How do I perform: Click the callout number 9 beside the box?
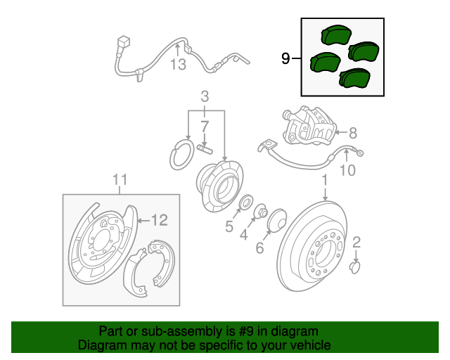point(285,58)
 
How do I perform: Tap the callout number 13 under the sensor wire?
point(178,64)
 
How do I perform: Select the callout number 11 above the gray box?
point(120,180)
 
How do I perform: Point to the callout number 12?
point(160,221)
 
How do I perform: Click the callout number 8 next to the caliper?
point(353,133)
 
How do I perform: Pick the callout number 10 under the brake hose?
point(347,170)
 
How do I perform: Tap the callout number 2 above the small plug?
point(356,243)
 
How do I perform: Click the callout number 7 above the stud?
point(205,127)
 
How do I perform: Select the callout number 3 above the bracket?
point(205,97)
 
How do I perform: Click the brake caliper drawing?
point(309,127)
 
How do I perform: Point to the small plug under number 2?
point(354,268)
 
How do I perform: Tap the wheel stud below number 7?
point(205,149)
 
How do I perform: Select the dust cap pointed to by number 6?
point(276,220)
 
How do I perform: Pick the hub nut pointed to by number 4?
point(261,211)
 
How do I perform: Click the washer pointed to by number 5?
point(247,202)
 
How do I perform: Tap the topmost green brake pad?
point(336,34)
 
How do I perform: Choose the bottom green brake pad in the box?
point(354,77)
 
